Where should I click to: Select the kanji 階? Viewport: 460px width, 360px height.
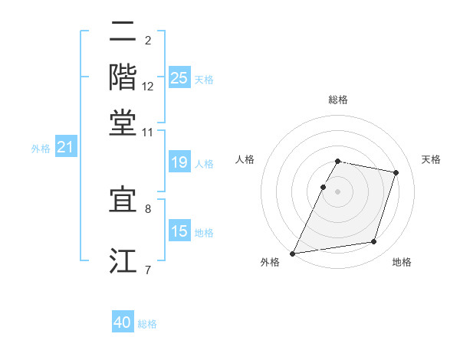coord(123,77)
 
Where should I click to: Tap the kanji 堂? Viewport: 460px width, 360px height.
coord(123,123)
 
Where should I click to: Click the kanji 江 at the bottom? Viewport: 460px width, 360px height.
coord(123,260)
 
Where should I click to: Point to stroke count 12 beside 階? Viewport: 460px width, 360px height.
coord(148,87)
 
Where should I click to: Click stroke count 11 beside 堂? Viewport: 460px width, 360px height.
coord(148,133)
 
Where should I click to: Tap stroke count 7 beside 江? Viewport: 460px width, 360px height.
coord(148,270)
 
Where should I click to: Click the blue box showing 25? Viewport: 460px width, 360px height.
coord(179,78)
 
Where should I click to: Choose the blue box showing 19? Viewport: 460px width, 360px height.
coord(179,162)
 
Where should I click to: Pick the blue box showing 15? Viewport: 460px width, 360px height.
coord(179,231)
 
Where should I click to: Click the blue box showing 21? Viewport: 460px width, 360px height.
coord(65,147)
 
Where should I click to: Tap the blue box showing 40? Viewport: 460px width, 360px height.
coord(123,322)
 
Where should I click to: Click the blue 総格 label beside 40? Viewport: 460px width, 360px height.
coord(147,324)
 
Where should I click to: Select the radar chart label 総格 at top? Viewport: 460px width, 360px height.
coord(337,100)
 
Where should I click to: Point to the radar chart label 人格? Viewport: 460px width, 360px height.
coord(245,159)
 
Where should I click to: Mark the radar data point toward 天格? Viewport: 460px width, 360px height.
coord(396,172)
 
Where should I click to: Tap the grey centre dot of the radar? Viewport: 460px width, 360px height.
coord(337,191)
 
